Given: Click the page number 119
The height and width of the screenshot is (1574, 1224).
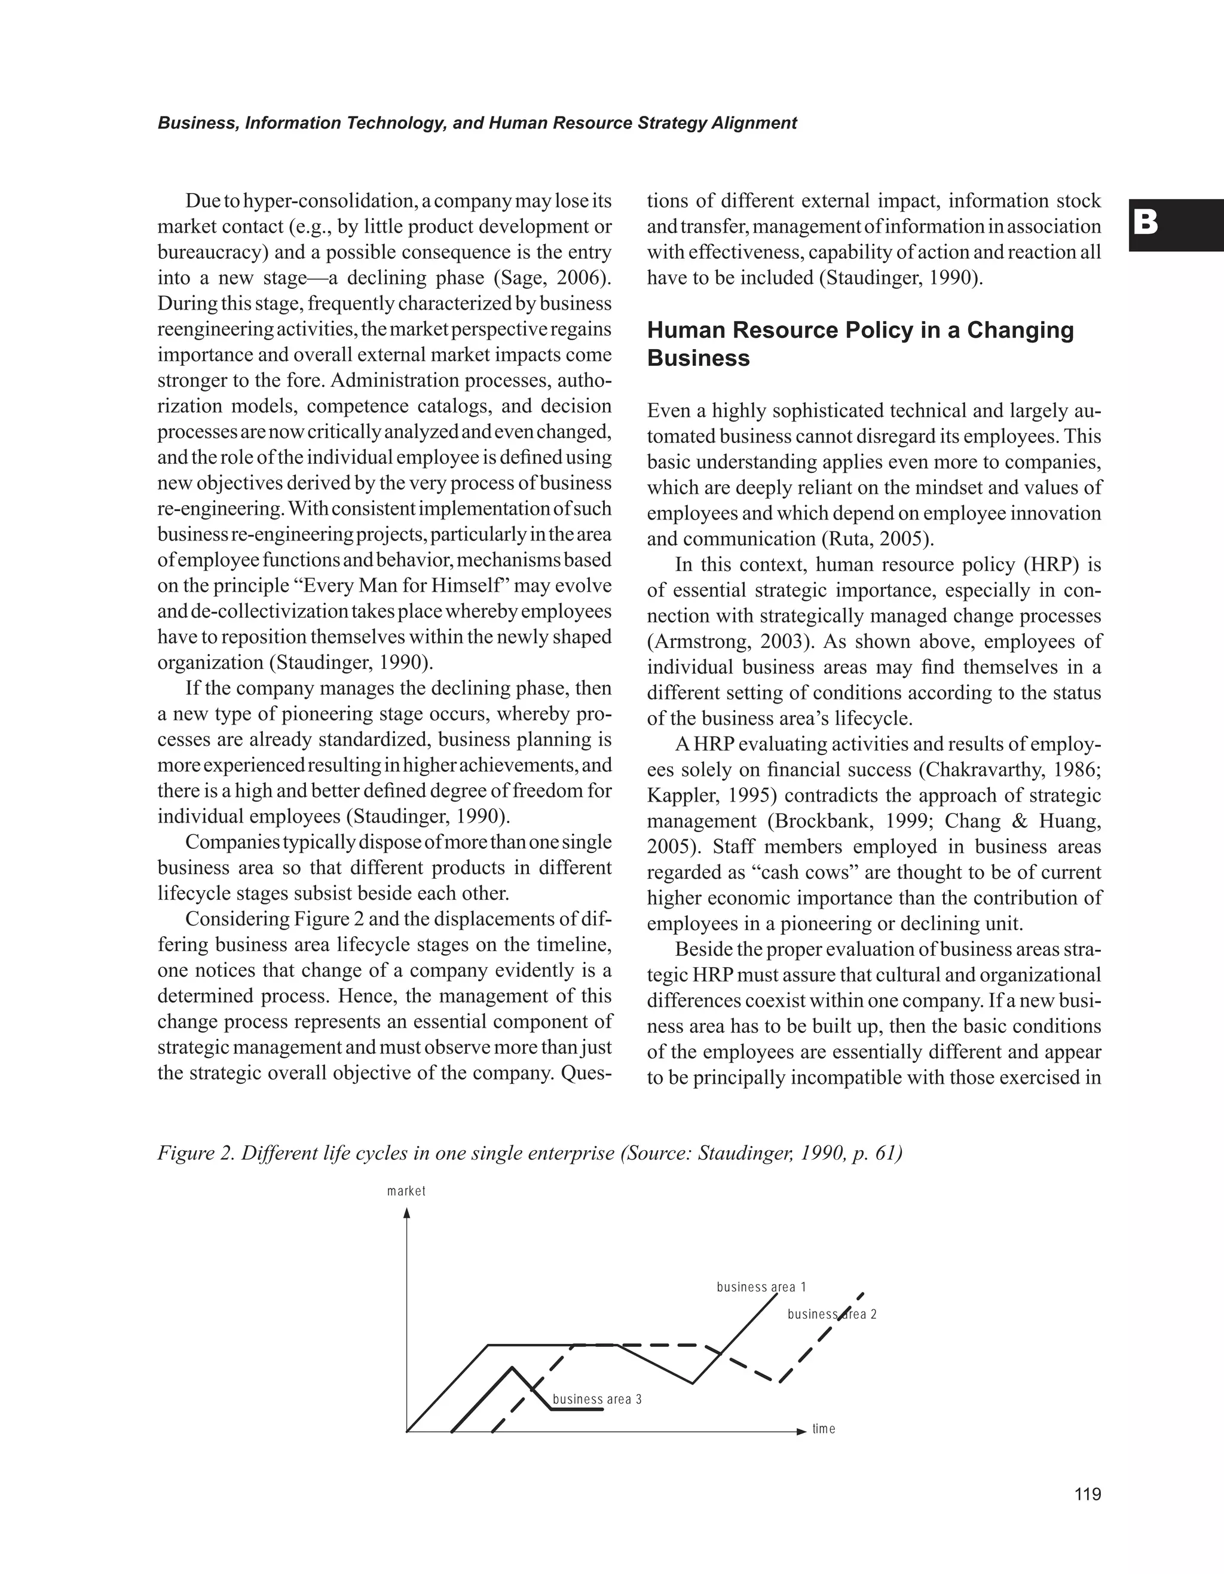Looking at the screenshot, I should [x=1087, y=1494].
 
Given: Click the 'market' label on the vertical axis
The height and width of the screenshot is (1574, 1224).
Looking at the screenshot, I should [x=406, y=1191].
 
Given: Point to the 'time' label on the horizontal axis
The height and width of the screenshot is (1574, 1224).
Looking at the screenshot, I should [x=824, y=1429].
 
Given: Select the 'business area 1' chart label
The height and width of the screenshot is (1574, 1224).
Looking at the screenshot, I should [x=761, y=1287].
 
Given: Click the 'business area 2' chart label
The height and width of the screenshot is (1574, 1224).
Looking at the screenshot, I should [x=831, y=1315].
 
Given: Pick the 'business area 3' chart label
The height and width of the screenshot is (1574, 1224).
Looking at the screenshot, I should [x=596, y=1399].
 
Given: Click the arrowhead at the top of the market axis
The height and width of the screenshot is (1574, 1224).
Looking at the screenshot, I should [x=407, y=1214].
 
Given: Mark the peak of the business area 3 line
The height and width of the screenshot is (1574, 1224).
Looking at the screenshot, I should [x=512, y=1367].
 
